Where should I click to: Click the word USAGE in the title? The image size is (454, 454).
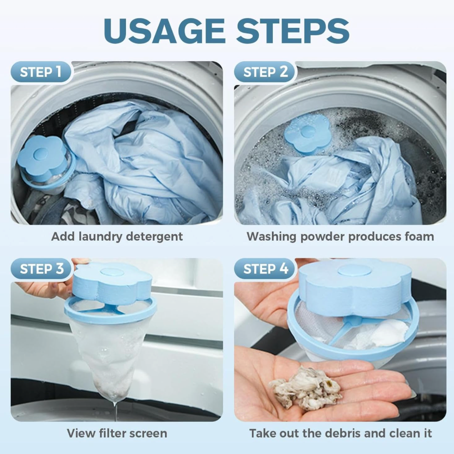click(165, 31)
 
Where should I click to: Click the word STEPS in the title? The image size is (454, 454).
click(293, 31)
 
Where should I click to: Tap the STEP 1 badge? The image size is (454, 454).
click(41, 72)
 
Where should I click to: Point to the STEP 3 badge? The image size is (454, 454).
click(41, 269)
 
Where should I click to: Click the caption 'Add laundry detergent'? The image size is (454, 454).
click(117, 237)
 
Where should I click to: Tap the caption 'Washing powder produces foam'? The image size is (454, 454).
click(340, 237)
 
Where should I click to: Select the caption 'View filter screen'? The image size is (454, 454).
click(117, 433)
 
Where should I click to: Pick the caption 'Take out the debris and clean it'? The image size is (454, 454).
click(341, 433)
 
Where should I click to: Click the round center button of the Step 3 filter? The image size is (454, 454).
click(112, 272)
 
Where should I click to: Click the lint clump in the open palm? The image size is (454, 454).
click(306, 388)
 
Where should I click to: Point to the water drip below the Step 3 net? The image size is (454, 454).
click(116, 410)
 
